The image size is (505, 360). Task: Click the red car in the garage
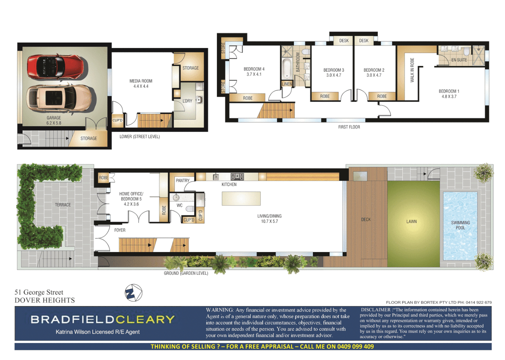[x=55, y=67]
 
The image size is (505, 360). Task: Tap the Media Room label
[x=141, y=81]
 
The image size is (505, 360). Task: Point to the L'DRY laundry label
[x=187, y=101]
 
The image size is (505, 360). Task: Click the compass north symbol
[x=133, y=293]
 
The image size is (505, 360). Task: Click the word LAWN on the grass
[x=411, y=221]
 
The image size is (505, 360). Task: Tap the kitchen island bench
[x=241, y=198]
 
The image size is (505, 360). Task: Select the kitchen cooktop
[x=237, y=177]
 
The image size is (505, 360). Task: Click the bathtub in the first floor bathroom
[x=286, y=69]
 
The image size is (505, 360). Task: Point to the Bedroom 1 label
[x=449, y=91]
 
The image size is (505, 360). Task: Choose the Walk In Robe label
[x=412, y=70]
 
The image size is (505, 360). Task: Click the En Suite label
[x=459, y=60]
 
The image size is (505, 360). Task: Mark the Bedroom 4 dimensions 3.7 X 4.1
[x=254, y=74]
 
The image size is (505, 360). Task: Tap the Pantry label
[x=183, y=180]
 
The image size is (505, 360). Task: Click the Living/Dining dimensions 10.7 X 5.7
[x=269, y=221]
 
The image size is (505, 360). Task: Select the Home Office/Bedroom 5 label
[x=131, y=196]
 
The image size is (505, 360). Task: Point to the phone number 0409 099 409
[x=355, y=346]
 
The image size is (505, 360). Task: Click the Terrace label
[x=63, y=205]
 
